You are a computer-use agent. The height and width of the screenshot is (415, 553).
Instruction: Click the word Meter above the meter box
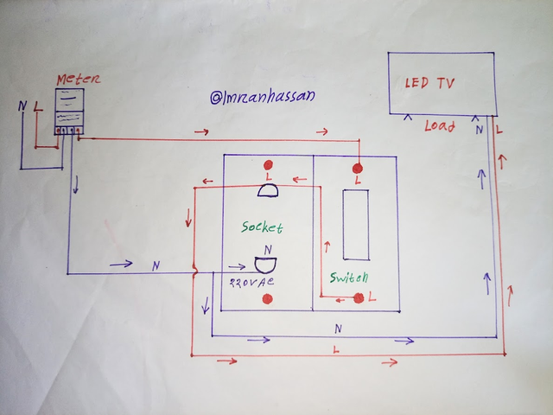(73, 80)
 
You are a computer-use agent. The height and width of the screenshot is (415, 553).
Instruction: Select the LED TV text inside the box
(430, 84)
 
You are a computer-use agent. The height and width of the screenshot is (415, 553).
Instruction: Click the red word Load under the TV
(440, 126)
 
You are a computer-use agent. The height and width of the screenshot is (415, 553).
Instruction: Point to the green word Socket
(263, 227)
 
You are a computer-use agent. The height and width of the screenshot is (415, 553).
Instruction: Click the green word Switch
(349, 278)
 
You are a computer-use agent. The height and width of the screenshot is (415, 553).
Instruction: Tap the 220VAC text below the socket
(252, 282)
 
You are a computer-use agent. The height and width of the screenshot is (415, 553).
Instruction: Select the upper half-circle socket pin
(267, 190)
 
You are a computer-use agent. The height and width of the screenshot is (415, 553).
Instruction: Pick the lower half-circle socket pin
(266, 263)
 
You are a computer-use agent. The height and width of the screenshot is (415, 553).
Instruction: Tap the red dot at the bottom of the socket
(267, 299)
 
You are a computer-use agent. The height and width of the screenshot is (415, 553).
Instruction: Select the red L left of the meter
(37, 109)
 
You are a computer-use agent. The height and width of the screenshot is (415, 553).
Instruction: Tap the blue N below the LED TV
(477, 130)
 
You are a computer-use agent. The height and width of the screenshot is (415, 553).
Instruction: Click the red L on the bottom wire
(335, 348)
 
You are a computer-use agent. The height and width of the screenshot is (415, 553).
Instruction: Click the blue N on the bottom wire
(337, 329)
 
